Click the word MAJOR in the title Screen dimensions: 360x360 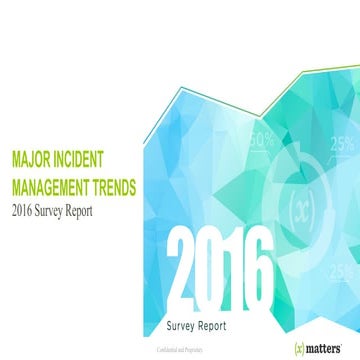pos(32,158)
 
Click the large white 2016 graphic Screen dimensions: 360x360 pos(219,268)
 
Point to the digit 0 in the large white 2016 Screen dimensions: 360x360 pos(211,268)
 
